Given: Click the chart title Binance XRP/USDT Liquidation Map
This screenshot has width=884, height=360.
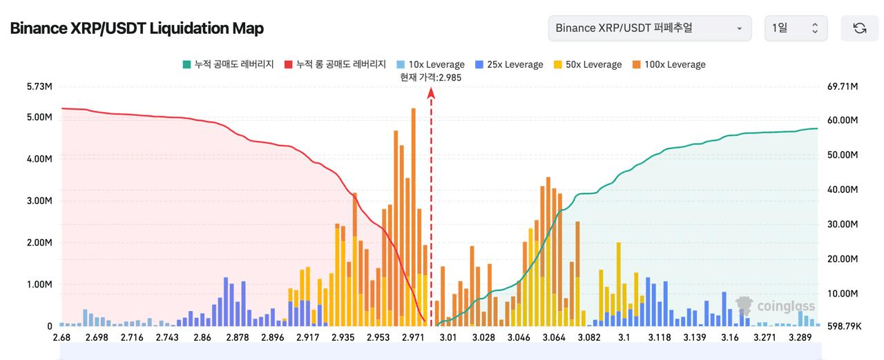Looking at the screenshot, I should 136,28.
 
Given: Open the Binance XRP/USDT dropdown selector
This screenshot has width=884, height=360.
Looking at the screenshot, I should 649,28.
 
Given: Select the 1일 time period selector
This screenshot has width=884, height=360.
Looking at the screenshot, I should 796,28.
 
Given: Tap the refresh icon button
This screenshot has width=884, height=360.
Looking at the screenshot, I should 859,28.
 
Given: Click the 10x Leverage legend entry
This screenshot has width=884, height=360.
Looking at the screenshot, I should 430,64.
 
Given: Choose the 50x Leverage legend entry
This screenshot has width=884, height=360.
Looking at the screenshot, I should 588,64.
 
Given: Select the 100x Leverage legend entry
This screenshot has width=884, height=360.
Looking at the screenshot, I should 669,64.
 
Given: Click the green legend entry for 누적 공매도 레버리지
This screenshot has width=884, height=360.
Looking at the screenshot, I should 228,64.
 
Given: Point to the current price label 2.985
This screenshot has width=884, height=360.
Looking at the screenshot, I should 430,77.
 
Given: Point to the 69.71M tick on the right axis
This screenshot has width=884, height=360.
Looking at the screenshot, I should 843,87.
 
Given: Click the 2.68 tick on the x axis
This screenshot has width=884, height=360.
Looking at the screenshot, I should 61,338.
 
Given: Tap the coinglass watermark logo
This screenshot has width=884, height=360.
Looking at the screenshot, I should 776,306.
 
